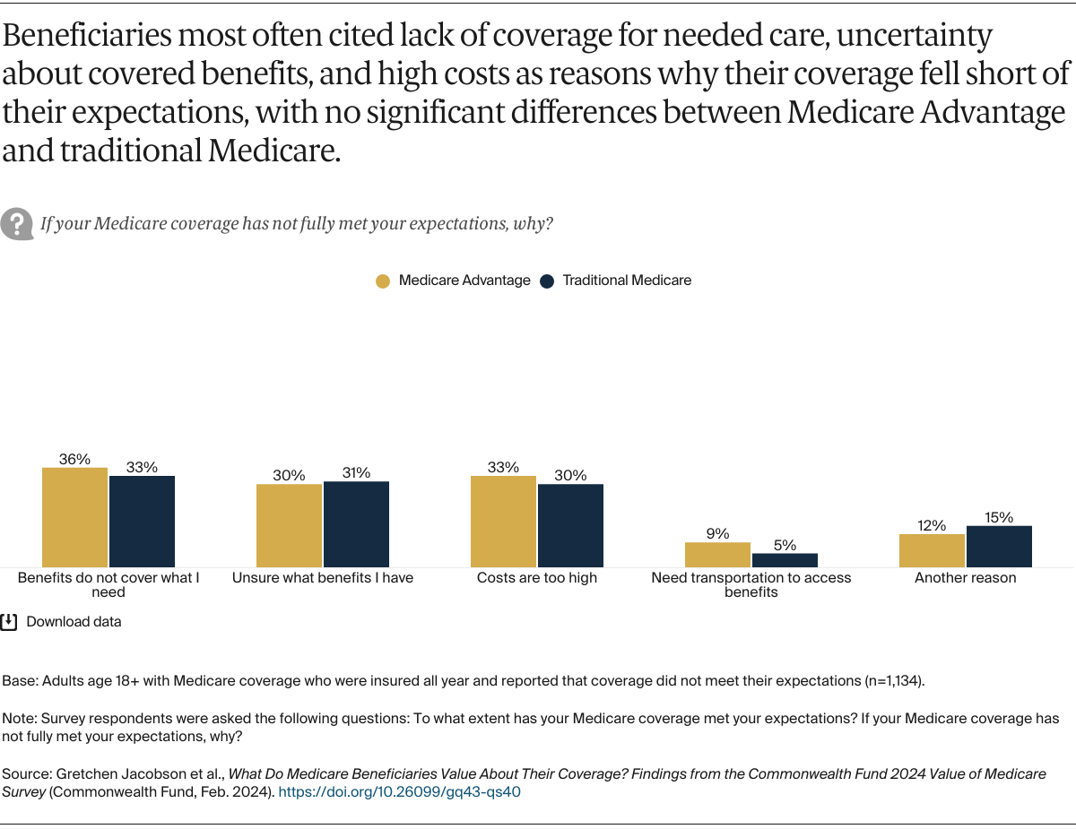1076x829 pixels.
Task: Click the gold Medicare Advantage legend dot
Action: click(383, 281)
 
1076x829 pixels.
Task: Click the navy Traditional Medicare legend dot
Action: click(547, 281)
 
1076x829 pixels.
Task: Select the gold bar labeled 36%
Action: click(74, 517)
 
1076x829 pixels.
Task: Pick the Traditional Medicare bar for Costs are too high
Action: click(570, 525)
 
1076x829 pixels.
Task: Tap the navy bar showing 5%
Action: click(785, 560)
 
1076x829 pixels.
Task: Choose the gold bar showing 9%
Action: click(717, 555)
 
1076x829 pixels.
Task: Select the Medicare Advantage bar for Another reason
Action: click(932, 550)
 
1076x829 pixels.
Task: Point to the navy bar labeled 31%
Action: click(356, 524)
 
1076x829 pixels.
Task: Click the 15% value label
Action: click(999, 517)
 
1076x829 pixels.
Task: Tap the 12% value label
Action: click(932, 525)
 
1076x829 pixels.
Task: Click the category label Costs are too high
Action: click(536, 578)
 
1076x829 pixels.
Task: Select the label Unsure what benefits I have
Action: click(323, 578)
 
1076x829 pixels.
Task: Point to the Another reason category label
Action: click(965, 578)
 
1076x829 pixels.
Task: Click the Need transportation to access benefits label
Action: click(751, 584)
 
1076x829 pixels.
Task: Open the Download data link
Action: click(74, 621)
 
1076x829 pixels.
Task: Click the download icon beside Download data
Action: click(9, 621)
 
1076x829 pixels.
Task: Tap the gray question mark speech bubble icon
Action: click(17, 223)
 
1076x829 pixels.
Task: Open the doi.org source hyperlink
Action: click(399, 792)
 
